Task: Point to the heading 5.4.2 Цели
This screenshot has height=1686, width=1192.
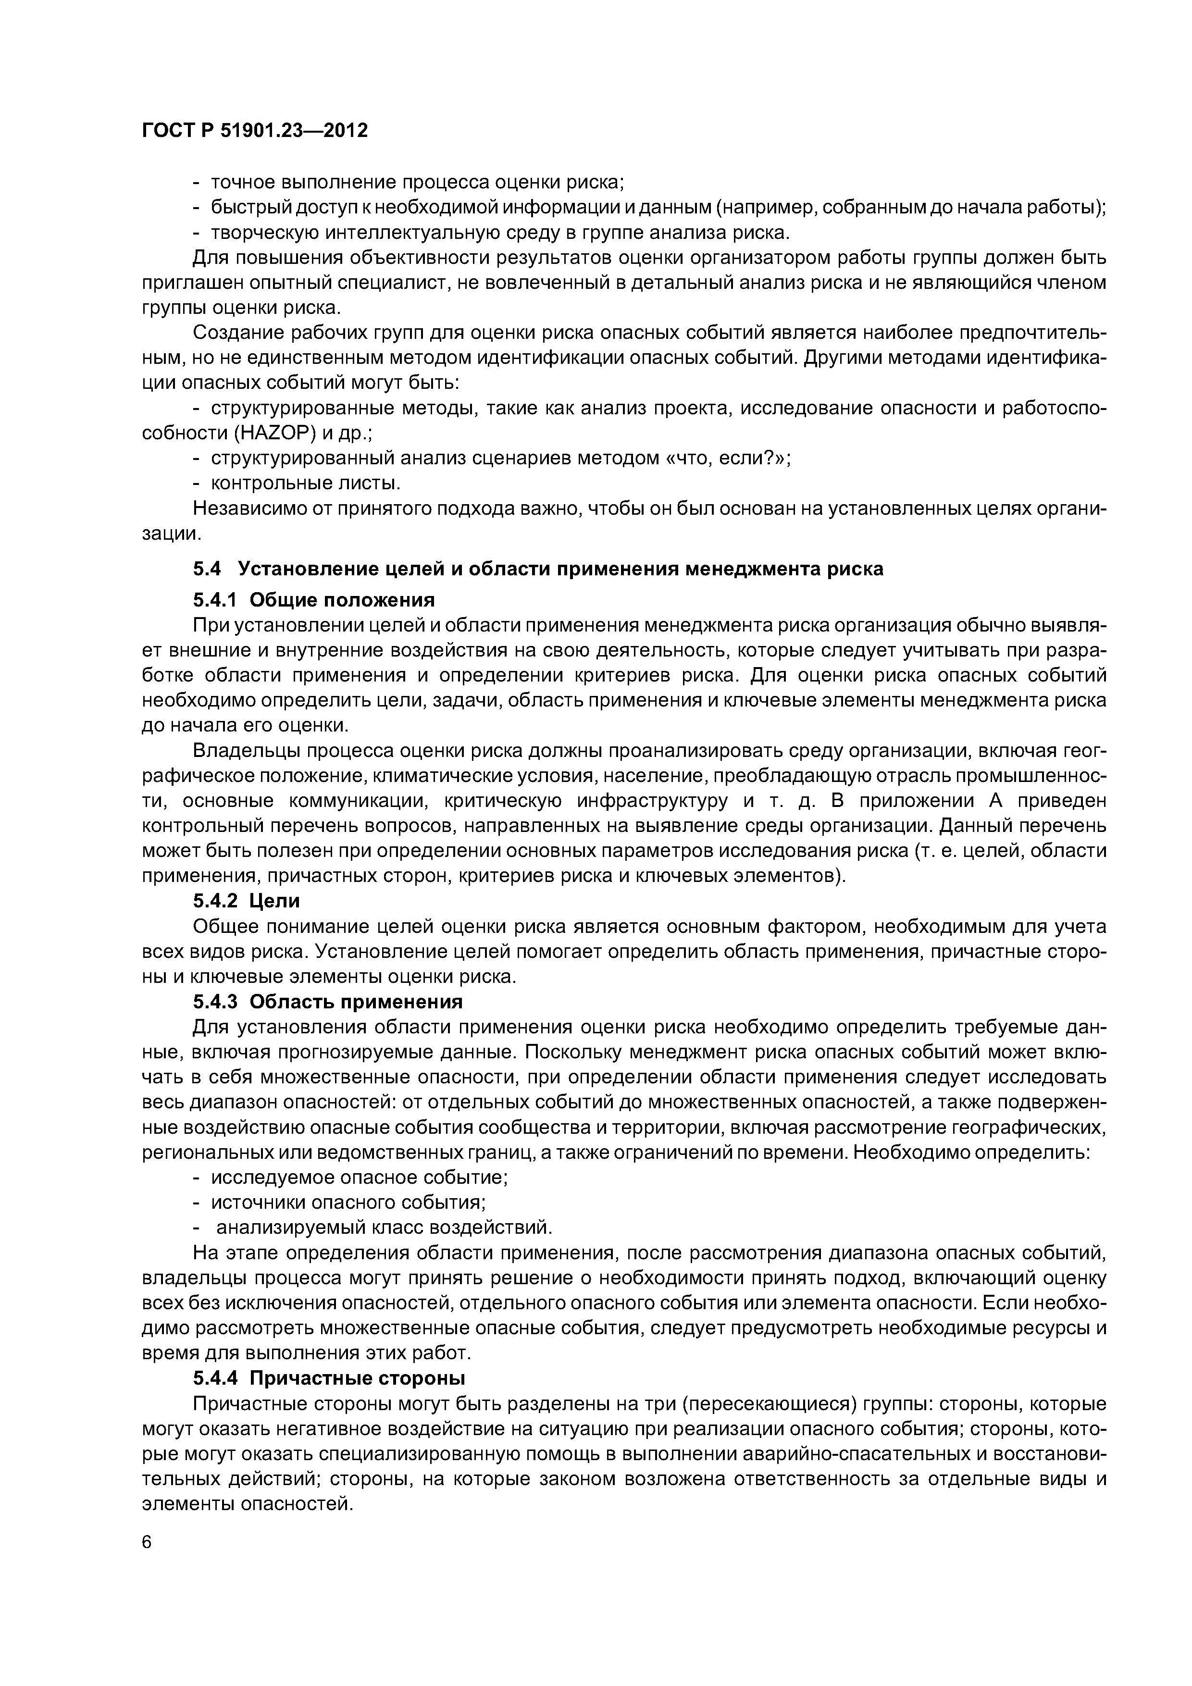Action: pos(246,900)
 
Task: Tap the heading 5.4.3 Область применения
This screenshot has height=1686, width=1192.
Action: pos(328,1002)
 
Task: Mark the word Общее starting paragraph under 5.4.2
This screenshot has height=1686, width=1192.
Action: pos(227,927)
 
